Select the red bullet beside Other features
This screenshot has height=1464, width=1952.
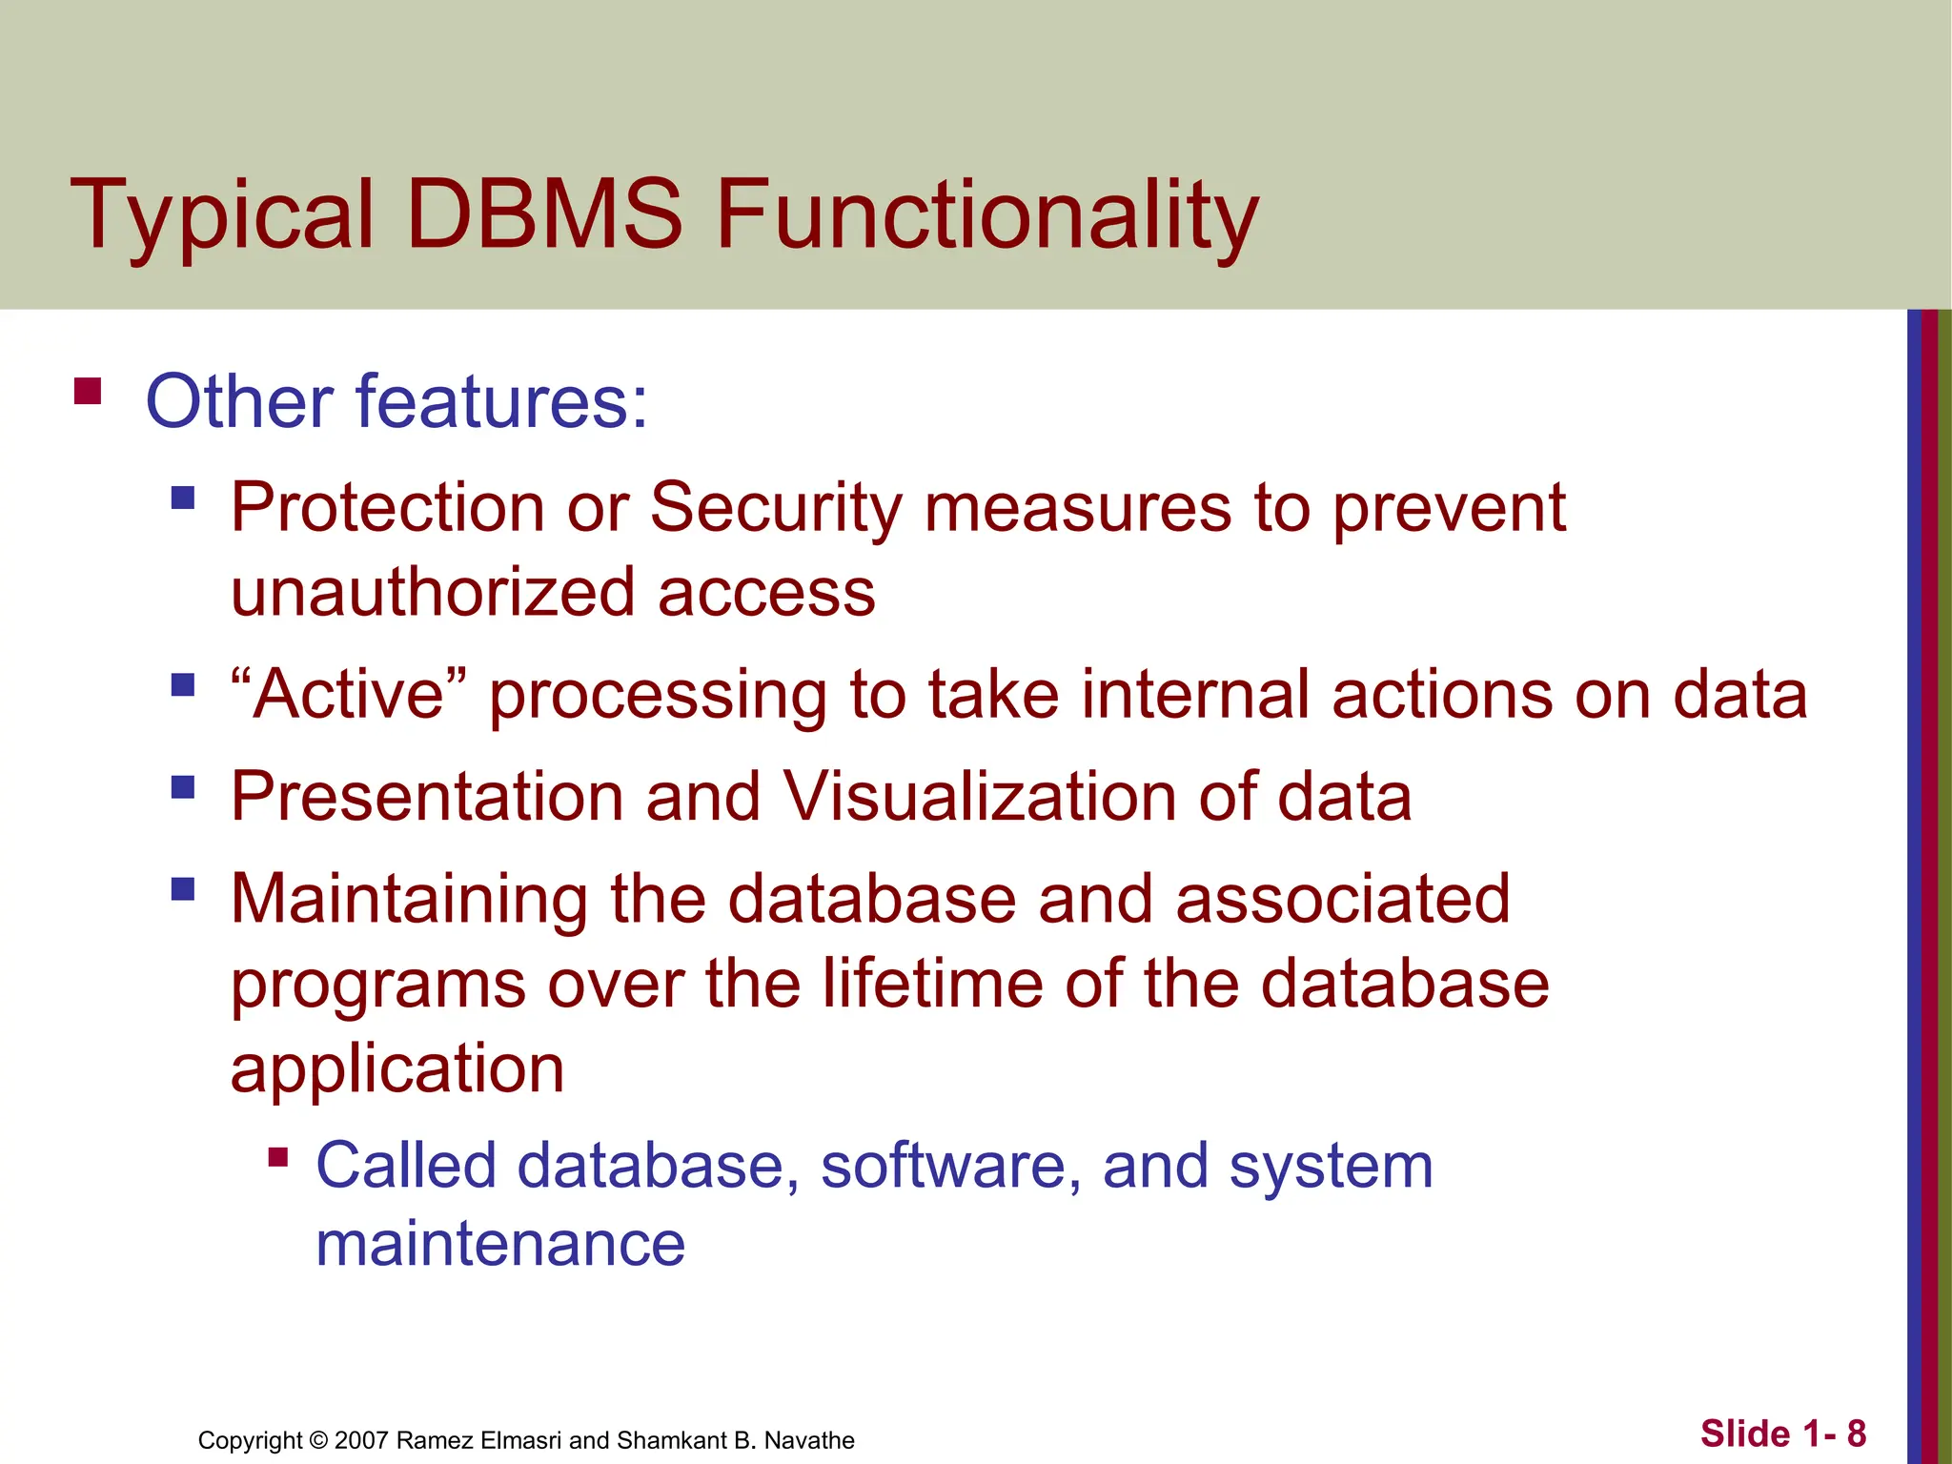tap(88, 392)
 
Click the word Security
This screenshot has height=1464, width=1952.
tap(775, 507)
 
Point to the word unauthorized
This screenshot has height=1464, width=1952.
tap(433, 592)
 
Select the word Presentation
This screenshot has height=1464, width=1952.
tap(427, 796)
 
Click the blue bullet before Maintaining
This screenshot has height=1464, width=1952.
tap(183, 889)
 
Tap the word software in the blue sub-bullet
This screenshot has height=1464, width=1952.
tap(943, 1166)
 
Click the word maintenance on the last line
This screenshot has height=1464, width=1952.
tap(499, 1244)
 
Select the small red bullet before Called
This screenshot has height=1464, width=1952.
tap(277, 1158)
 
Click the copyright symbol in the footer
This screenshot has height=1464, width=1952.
tap(318, 1440)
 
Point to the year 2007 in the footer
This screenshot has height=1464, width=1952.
tap(361, 1440)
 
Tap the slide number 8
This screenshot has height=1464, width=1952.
tap(1856, 1433)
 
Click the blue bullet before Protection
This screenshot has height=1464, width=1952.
tap(183, 498)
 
